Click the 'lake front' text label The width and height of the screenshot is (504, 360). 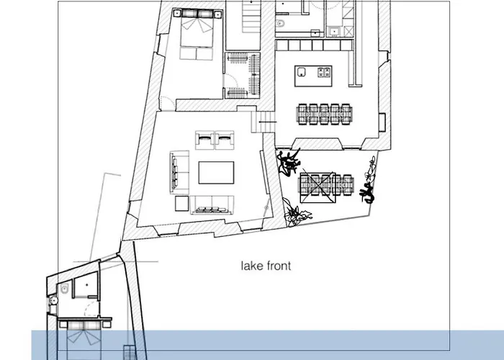pos(266,266)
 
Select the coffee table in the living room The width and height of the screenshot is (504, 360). pos(216,174)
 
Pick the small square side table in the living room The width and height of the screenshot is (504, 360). pos(180,203)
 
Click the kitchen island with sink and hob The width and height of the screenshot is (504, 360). pos(313,72)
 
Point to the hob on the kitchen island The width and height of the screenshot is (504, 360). pos(323,71)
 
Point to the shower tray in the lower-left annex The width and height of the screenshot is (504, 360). pos(86,287)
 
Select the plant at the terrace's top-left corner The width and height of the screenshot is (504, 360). pos(288,161)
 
